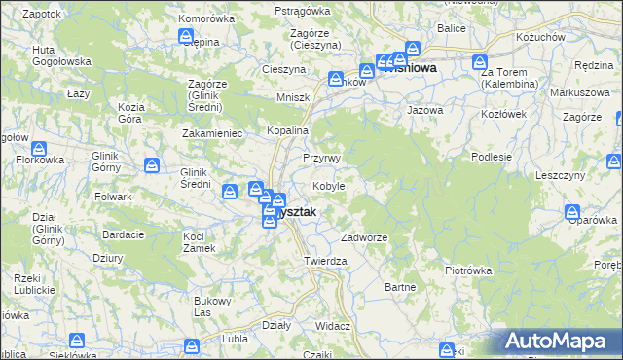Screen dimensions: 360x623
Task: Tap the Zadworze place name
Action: click(364, 237)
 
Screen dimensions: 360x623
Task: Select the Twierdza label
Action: click(325, 261)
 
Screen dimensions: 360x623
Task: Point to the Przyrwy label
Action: click(321, 158)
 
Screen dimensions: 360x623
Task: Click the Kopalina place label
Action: click(288, 131)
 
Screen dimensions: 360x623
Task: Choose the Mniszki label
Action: click(294, 97)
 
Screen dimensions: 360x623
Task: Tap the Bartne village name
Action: click(401, 287)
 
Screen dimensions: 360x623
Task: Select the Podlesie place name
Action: click(492, 156)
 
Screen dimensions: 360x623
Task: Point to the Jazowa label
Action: click(424, 110)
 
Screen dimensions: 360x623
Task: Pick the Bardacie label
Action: click(124, 234)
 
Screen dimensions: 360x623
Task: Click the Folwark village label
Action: click(114, 197)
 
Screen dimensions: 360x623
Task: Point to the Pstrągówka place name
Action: click(303, 10)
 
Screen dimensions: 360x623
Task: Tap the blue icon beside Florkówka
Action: click(39, 150)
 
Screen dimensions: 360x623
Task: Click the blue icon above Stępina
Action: click(187, 36)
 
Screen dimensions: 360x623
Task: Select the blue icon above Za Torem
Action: click(481, 62)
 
